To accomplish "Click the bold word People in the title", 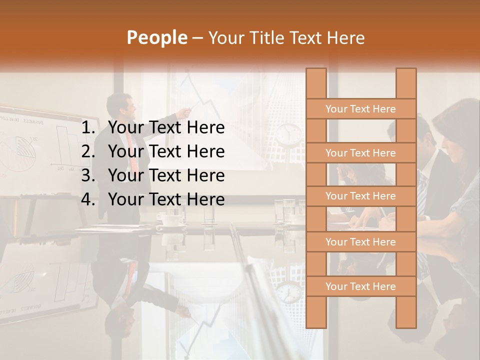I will tap(156, 37).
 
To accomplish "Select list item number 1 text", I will tap(166, 128).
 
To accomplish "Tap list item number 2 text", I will tap(166, 151).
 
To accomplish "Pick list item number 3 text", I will tap(166, 175).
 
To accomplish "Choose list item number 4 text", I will tap(166, 199).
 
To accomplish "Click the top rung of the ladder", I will tap(360, 109).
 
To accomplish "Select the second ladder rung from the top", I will tap(360, 153).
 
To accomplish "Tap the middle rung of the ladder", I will tap(360, 196).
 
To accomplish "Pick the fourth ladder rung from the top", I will tap(360, 242).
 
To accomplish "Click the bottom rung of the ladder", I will tap(360, 286).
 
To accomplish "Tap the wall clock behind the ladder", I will tap(289, 133).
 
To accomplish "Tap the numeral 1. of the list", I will tap(88, 128).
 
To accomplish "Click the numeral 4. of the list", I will tap(88, 199).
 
